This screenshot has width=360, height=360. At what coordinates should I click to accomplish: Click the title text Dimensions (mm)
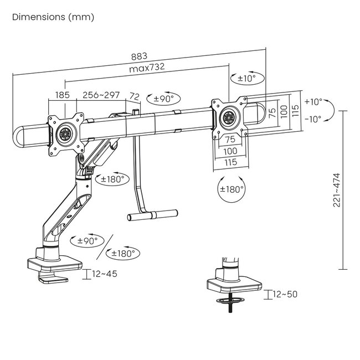[x=53, y=17]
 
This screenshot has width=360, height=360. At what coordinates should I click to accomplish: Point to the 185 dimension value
[x=63, y=95]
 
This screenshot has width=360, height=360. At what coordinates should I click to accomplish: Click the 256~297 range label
[x=101, y=95]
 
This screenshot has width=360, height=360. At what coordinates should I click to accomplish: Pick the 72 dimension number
[x=134, y=96]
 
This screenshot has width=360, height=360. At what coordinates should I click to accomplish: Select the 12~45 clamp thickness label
[x=105, y=274]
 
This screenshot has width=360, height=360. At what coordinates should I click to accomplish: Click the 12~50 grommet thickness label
[x=286, y=294]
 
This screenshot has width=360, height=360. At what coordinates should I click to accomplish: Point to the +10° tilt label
[x=313, y=102]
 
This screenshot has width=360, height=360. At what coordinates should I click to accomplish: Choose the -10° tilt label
[x=313, y=119]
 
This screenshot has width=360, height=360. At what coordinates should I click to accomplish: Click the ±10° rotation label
[x=247, y=79]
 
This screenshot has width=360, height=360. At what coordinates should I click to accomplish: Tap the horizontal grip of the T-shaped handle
[x=153, y=213]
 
